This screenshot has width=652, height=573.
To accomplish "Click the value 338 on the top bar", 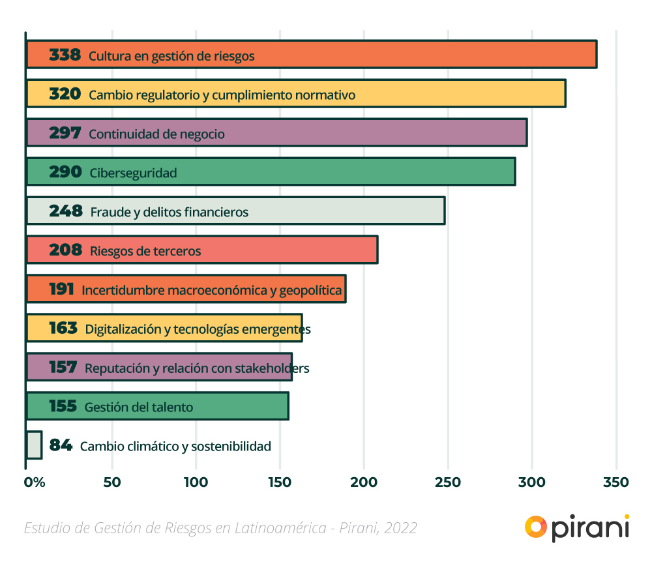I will pyautogui.click(x=65, y=55).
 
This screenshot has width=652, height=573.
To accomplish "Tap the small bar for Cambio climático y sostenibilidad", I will pyautogui.click(x=34, y=445).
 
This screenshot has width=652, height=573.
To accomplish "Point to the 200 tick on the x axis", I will pyautogui.click(x=364, y=482).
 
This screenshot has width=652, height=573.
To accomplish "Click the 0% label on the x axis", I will pyautogui.click(x=35, y=482).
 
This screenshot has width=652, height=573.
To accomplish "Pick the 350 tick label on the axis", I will pyautogui.click(x=615, y=482).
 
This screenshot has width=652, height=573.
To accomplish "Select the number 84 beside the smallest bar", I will pyautogui.click(x=61, y=446).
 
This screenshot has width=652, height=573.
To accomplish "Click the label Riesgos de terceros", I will pyautogui.click(x=145, y=251).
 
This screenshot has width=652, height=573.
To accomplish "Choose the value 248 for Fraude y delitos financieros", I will pyautogui.click(x=66, y=211).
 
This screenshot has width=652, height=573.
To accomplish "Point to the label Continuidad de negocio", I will pyautogui.click(x=156, y=134).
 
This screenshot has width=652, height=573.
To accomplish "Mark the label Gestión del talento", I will pyautogui.click(x=139, y=407).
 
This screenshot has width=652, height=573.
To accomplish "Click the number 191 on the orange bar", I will pyautogui.click(x=61, y=289).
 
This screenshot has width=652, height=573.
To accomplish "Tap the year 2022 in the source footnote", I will pyautogui.click(x=401, y=528).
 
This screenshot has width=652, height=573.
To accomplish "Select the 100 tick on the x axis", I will pyautogui.click(x=196, y=482).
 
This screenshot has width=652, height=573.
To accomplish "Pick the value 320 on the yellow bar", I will pyautogui.click(x=65, y=95).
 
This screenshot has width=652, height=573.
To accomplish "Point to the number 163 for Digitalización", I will pyautogui.click(x=63, y=329).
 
